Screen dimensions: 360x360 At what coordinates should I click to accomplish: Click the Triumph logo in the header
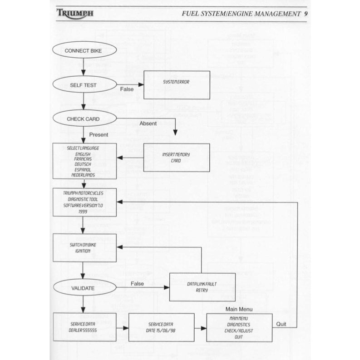[x=75, y=13]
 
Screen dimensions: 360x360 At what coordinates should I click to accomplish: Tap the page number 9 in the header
[x=306, y=13]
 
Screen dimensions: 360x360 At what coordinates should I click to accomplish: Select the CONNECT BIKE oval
[x=83, y=50]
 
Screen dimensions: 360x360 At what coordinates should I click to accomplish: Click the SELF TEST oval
[x=83, y=84]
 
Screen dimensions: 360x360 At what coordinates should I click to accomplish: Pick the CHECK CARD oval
[x=83, y=119]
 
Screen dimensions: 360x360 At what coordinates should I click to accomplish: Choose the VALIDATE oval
[x=83, y=288]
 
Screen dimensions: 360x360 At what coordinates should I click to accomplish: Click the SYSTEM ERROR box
[x=177, y=84]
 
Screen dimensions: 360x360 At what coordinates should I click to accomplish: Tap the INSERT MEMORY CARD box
[x=177, y=158]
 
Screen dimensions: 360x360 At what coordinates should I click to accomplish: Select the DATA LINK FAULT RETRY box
[x=202, y=287]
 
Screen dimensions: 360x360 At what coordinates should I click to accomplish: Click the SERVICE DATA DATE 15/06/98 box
[x=161, y=327]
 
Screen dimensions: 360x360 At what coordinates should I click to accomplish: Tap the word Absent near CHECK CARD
[x=148, y=123]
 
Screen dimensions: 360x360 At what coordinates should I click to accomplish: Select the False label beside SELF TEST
[x=127, y=89]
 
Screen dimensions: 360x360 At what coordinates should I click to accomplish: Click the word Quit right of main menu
[x=281, y=324]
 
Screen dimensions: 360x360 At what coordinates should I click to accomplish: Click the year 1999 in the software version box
[x=83, y=211]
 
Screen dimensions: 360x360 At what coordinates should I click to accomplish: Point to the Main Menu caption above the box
[x=239, y=309]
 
